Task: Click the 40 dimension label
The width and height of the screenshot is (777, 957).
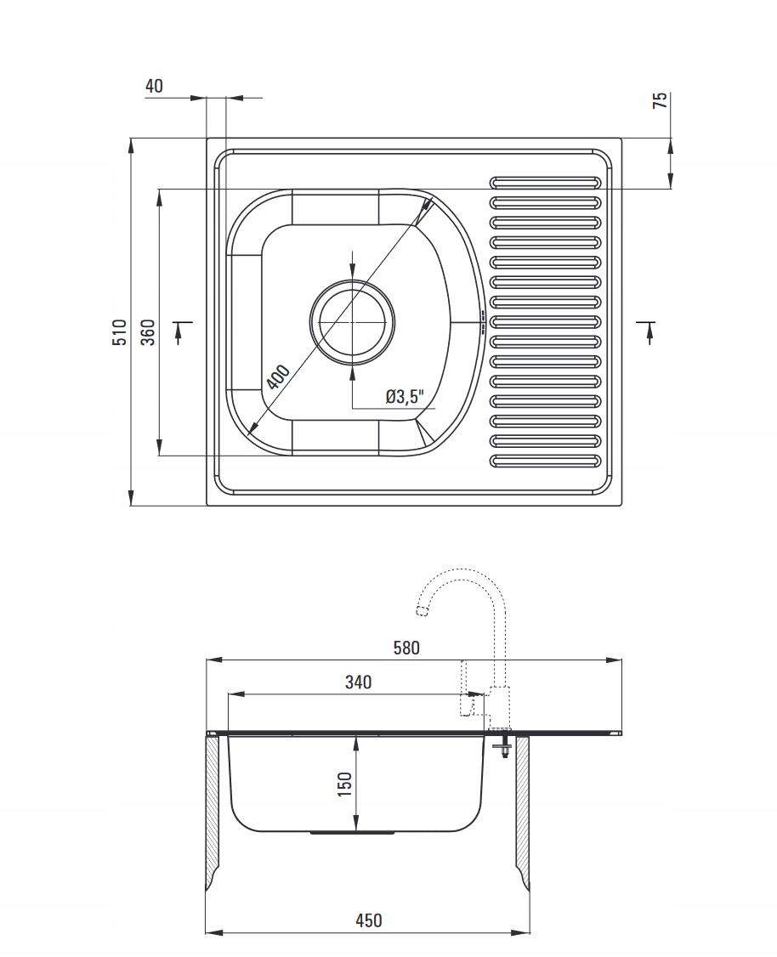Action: (x=155, y=86)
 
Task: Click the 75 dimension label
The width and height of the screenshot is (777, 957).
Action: (x=661, y=100)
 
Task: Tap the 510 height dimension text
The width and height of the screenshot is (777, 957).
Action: (x=120, y=332)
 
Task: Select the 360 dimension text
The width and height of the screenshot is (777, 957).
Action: (x=148, y=332)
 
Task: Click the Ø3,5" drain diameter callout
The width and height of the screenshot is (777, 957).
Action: (x=404, y=397)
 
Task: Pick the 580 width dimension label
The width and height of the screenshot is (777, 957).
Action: (x=406, y=648)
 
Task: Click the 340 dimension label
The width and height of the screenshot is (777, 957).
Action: (x=358, y=682)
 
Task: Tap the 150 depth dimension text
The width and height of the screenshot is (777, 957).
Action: (x=345, y=784)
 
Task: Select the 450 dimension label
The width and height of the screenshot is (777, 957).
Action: (x=368, y=920)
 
